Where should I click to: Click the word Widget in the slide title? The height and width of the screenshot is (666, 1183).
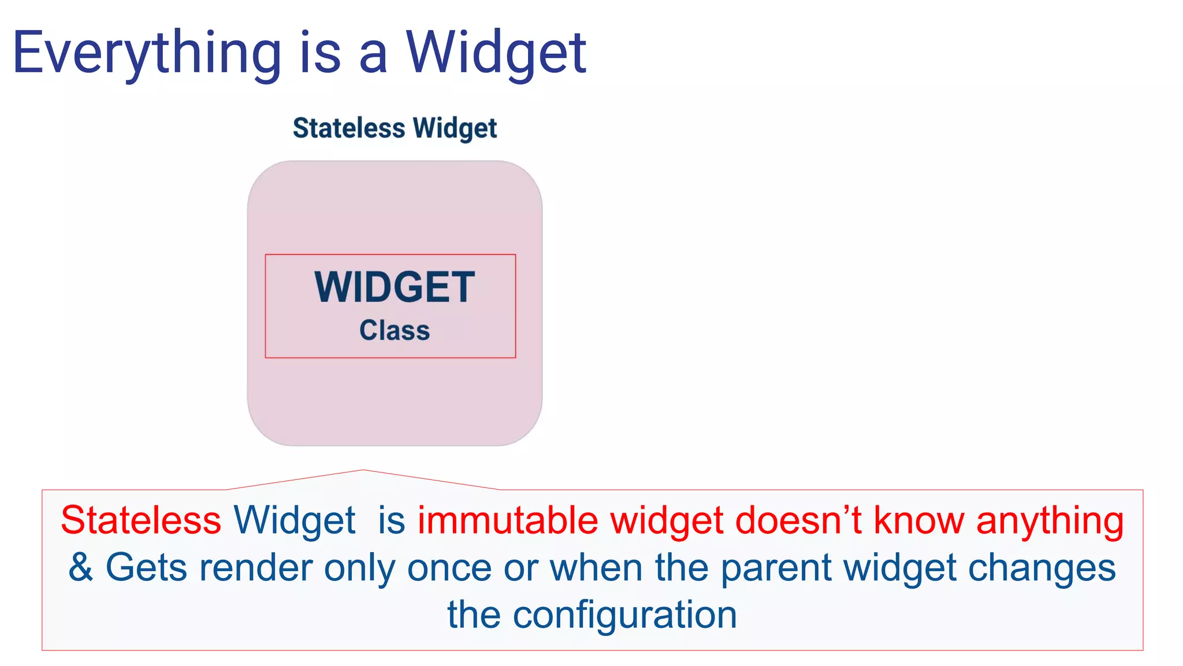coord(496,53)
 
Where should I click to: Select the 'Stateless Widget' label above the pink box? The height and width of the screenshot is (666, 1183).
coord(395,128)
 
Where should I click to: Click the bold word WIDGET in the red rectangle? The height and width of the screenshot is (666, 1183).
coord(395,287)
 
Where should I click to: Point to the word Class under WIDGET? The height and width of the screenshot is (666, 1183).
coord(395,331)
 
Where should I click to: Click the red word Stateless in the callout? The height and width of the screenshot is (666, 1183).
coord(141,520)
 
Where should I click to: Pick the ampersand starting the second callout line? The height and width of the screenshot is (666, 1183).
coord(81,567)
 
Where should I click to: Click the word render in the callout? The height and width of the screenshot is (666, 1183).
coord(255,567)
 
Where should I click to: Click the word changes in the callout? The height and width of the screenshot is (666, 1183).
coord(1041,568)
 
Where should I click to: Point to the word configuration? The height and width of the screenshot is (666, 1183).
coord(624,615)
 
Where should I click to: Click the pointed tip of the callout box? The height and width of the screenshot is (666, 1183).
coord(363,471)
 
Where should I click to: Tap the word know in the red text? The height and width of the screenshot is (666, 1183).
coord(918,520)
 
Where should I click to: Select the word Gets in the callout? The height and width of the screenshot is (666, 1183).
coord(146,567)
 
